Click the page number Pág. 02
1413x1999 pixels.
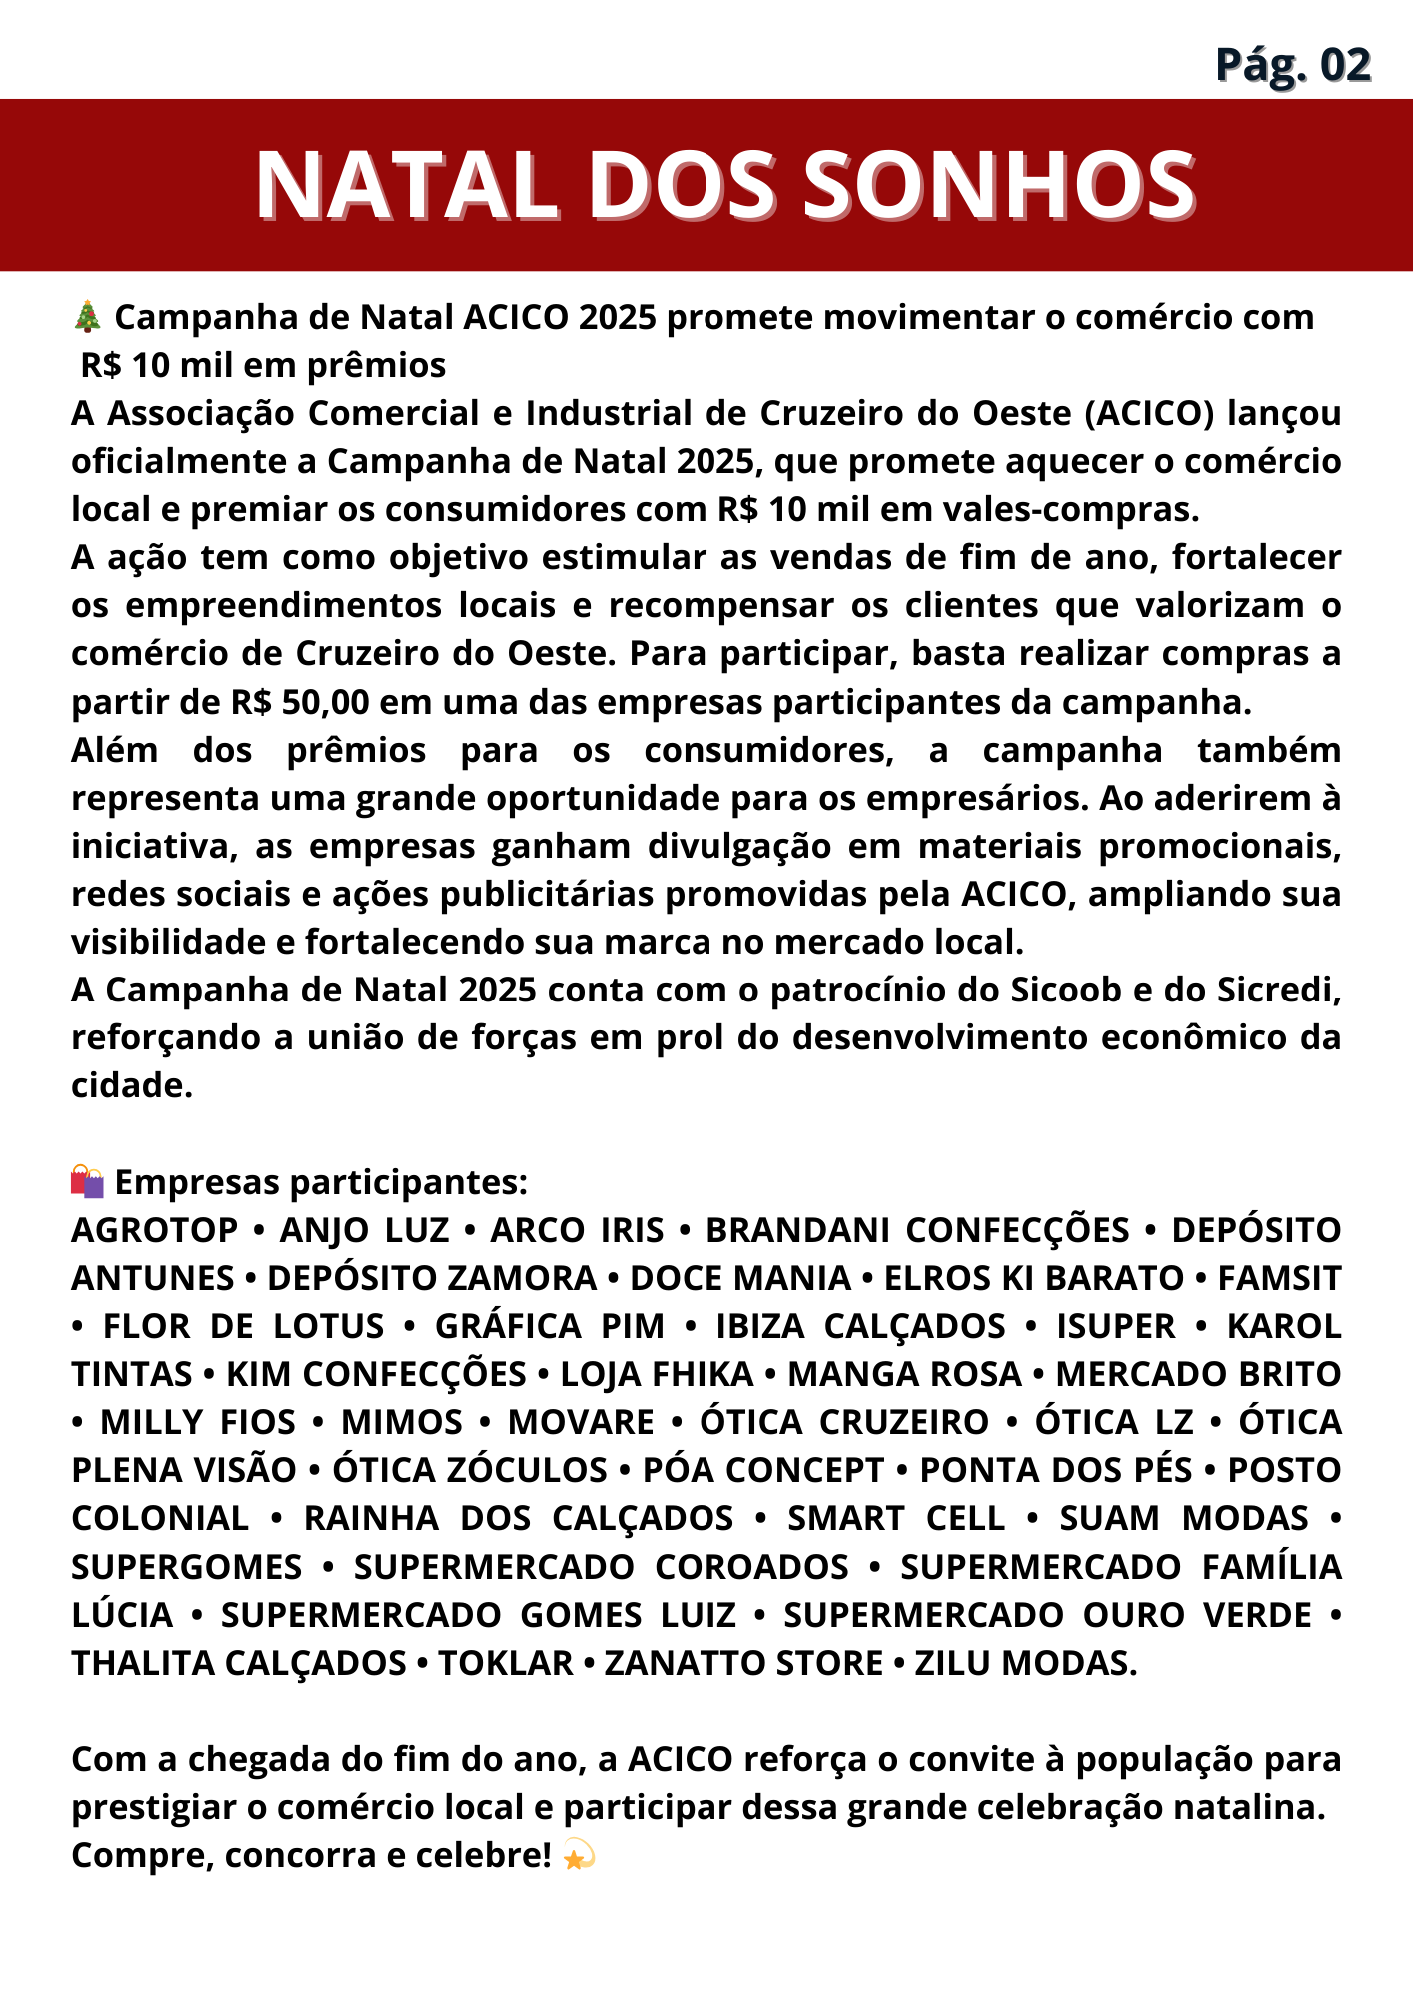[1292, 65]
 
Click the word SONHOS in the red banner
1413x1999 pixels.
[999, 185]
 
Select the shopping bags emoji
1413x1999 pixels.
[88, 1181]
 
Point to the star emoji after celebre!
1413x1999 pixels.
[578, 1856]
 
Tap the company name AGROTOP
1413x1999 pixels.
[155, 1230]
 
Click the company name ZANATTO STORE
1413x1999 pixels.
[743, 1663]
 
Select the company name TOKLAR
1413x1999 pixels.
[506, 1663]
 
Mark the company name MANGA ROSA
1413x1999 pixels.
[904, 1374]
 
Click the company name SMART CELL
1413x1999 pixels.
[896, 1518]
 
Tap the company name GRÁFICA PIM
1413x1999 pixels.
[550, 1326]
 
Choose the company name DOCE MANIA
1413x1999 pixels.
[740, 1278]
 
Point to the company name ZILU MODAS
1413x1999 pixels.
[1025, 1663]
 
